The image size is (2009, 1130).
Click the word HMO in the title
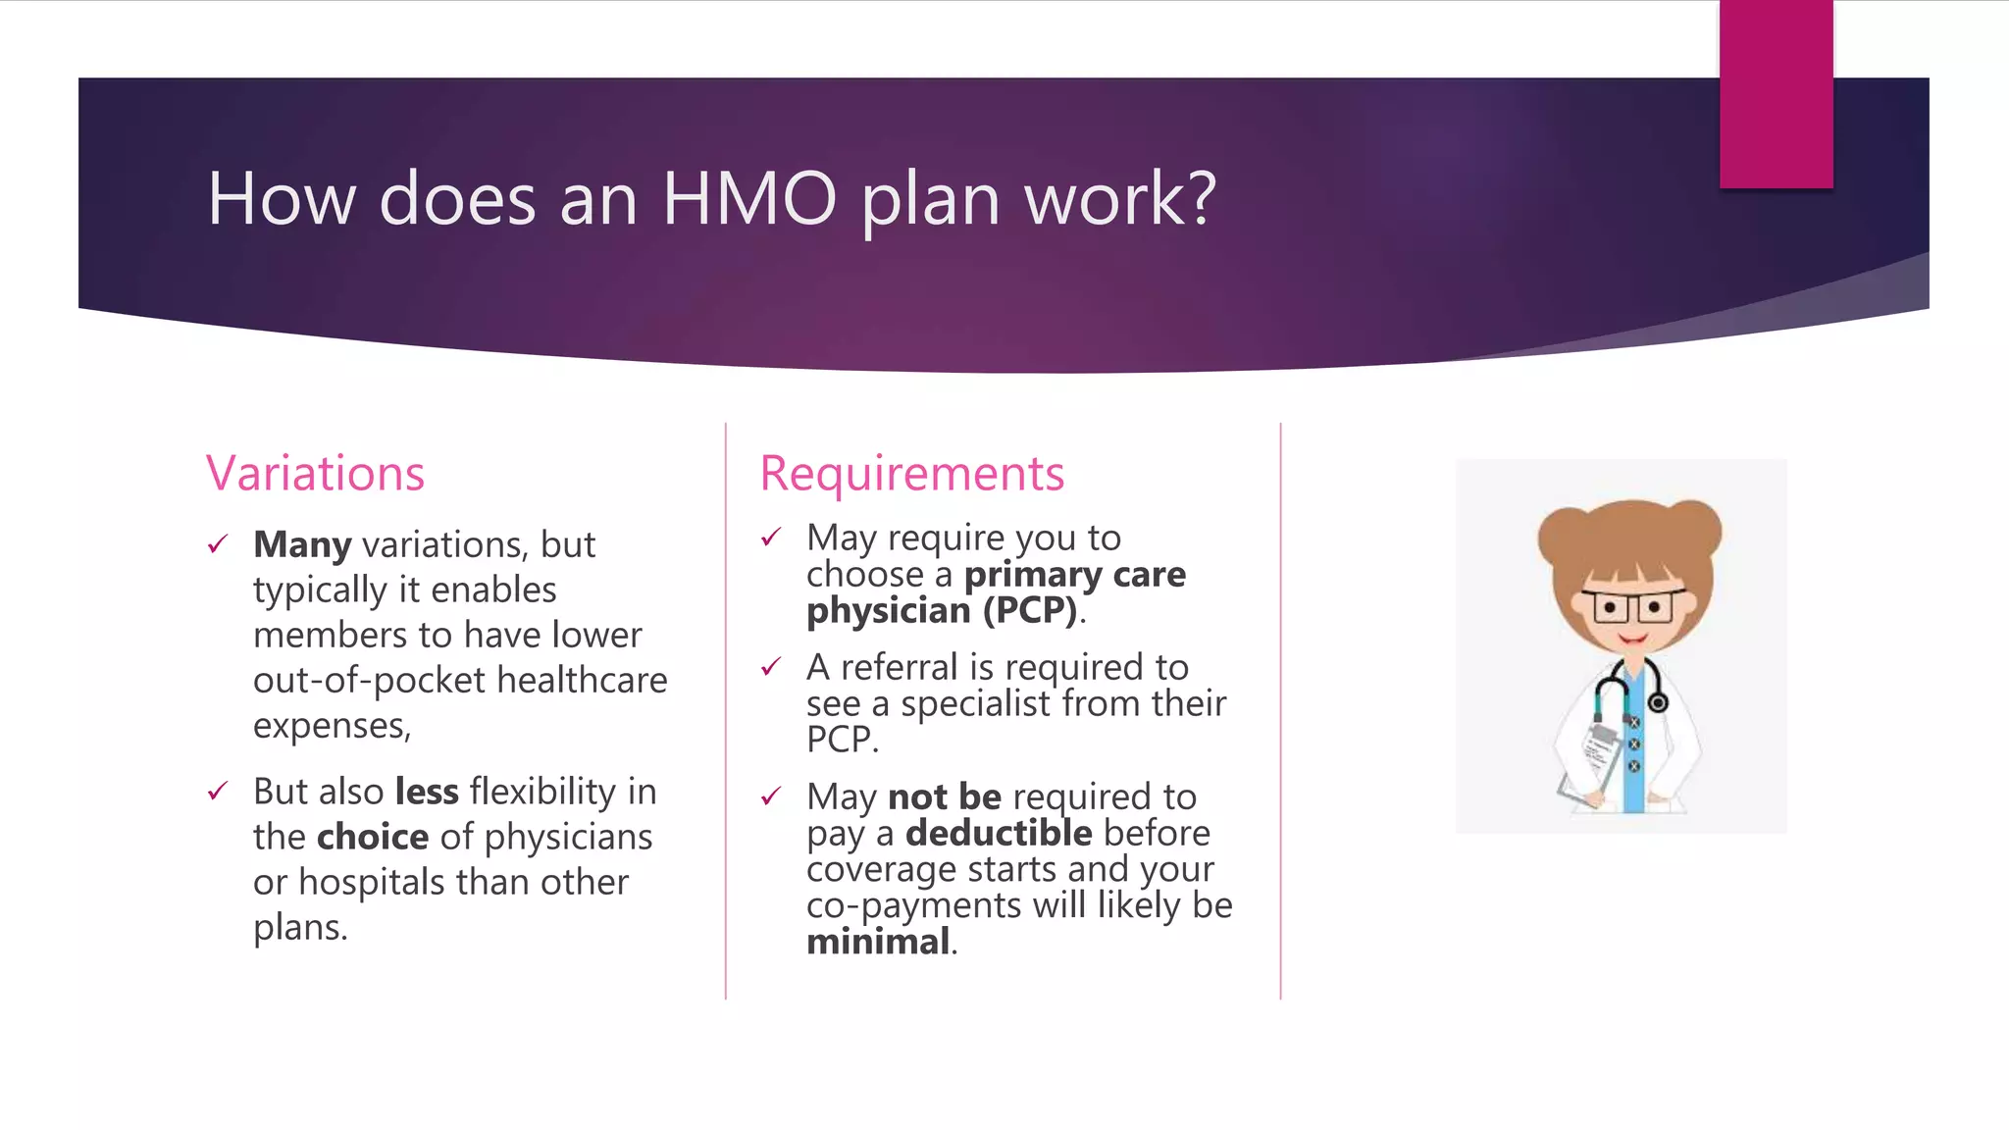[x=749, y=199]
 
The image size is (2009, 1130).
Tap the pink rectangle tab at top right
[x=1776, y=94]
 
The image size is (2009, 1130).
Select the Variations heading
[x=315, y=474]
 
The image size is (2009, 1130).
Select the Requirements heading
[x=911, y=474]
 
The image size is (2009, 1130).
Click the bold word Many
[x=302, y=544]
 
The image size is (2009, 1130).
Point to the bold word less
[x=427, y=792]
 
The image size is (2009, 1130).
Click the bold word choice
[x=373, y=837]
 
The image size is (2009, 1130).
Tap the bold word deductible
[x=999, y=833]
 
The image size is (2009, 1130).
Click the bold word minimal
[x=878, y=942]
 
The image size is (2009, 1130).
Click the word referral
[x=900, y=668]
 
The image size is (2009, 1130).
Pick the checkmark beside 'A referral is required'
[x=771, y=668]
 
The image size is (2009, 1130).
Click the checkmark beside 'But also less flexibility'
[x=218, y=791]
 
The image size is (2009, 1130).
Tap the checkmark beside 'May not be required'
[x=771, y=796]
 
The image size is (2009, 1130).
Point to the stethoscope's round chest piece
[x=1658, y=703]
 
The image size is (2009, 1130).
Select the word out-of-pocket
[x=369, y=681]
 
